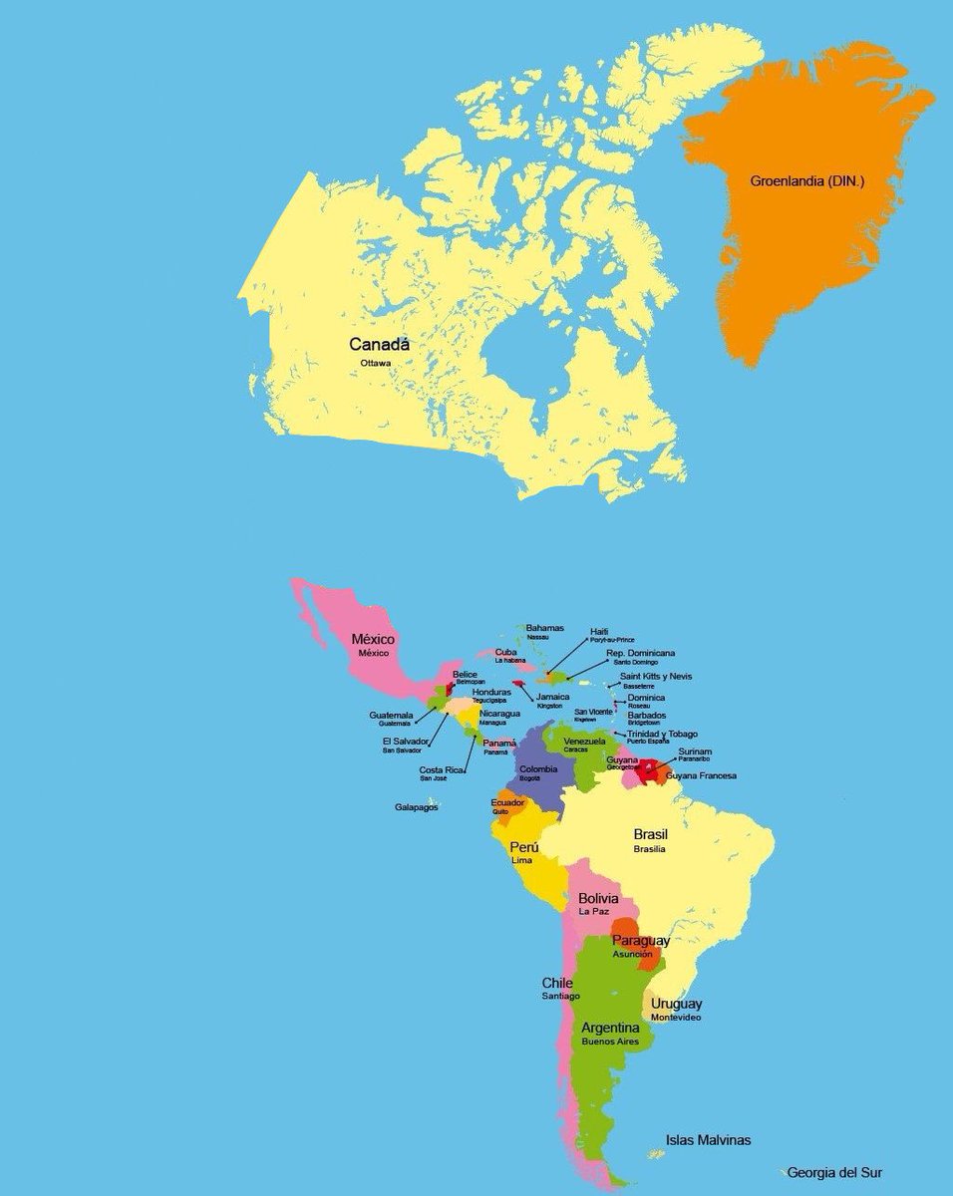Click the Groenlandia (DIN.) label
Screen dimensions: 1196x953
pyautogui.click(x=806, y=182)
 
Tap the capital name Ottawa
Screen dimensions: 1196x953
pyautogui.click(x=376, y=363)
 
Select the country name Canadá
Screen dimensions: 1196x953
pyautogui.click(x=379, y=344)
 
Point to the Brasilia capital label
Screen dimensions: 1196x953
pyautogui.click(x=649, y=849)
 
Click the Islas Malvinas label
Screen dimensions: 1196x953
pyautogui.click(x=708, y=1140)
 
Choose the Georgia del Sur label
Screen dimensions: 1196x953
pyautogui.click(x=834, y=1173)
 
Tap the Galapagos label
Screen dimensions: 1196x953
pyautogui.click(x=416, y=807)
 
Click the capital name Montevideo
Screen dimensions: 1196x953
pyautogui.click(x=676, y=1018)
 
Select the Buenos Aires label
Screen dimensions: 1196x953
pyautogui.click(x=610, y=1042)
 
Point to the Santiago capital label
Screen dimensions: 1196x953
pyautogui.click(x=561, y=996)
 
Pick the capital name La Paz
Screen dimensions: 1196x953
pyautogui.click(x=594, y=911)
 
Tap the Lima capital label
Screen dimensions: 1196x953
pyautogui.click(x=521, y=859)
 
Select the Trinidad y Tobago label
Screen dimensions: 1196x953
pyautogui.click(x=662, y=735)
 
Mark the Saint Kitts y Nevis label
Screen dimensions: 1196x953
pyautogui.click(x=656, y=677)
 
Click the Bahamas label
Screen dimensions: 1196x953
pyautogui.click(x=544, y=628)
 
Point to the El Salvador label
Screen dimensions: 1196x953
pyautogui.click(x=405, y=742)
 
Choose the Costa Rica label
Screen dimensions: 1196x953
pyautogui.click(x=440, y=770)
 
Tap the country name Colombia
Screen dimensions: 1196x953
pyautogui.click(x=538, y=769)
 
